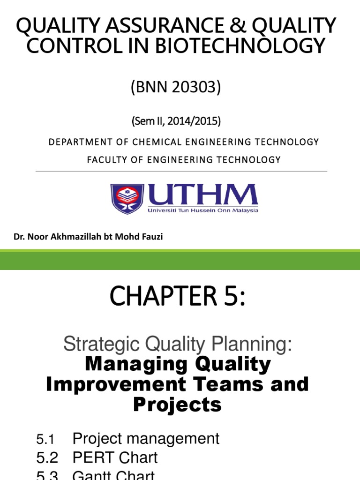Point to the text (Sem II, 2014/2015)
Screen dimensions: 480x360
(176, 121)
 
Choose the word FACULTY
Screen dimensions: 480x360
(106, 160)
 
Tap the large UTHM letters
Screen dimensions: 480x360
(202, 194)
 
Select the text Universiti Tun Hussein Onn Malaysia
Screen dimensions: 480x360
(203, 210)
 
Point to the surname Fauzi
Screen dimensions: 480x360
(151, 237)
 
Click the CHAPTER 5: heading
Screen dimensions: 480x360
(177, 298)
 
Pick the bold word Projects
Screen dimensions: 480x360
(177, 404)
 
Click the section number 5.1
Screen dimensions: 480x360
(46, 440)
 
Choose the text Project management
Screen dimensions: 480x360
(146, 439)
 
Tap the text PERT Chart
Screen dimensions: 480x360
(115, 457)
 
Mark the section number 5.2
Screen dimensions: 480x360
(47, 458)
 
